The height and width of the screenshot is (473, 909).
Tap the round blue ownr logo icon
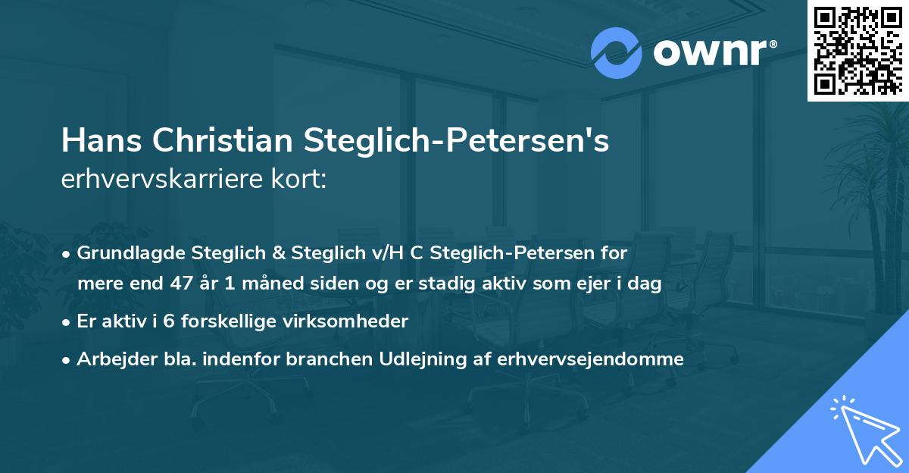(x=616, y=53)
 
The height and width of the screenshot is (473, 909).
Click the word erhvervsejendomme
(x=591, y=359)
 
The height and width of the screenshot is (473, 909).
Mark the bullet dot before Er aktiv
(x=67, y=322)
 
